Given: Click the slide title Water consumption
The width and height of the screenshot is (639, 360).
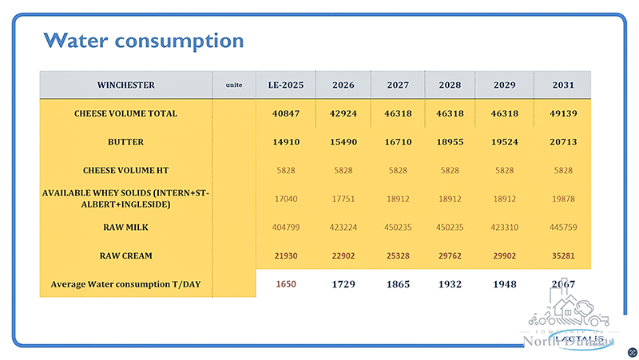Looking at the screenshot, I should [143, 40].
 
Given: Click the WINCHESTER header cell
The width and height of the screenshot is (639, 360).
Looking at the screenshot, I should [126, 85].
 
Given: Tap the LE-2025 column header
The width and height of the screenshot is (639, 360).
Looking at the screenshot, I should [283, 85].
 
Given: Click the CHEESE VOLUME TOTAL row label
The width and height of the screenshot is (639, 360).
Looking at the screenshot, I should [126, 113].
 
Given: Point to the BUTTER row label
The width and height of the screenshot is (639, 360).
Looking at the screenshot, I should [126, 142].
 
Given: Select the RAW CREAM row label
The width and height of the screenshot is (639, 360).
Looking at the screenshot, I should [126, 255].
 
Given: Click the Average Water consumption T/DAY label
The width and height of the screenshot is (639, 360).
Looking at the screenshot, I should [126, 283].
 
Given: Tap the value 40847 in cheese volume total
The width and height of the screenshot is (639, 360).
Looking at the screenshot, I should [283, 113].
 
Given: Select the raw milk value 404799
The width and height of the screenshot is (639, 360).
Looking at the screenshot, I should [283, 227].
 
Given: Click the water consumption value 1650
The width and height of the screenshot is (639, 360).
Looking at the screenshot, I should [283, 284].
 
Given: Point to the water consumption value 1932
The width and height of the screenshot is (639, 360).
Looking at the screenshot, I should [449, 284].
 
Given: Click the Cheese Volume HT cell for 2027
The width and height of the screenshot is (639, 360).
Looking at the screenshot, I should [397, 170].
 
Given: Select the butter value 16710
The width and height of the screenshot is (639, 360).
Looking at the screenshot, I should [397, 142].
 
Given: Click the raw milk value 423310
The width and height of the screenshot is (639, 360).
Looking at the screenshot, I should [504, 227].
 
